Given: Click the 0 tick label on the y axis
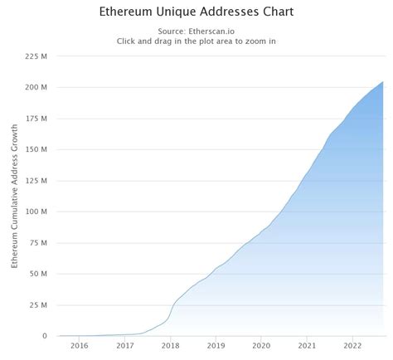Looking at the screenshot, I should [x=46, y=336].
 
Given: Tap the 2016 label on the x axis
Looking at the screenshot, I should [x=80, y=347].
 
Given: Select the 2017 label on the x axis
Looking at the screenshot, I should [x=125, y=347].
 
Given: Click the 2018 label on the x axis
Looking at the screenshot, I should [x=171, y=347].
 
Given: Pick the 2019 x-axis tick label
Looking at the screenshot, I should [x=216, y=347].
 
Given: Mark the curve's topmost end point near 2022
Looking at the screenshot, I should [x=382, y=81].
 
